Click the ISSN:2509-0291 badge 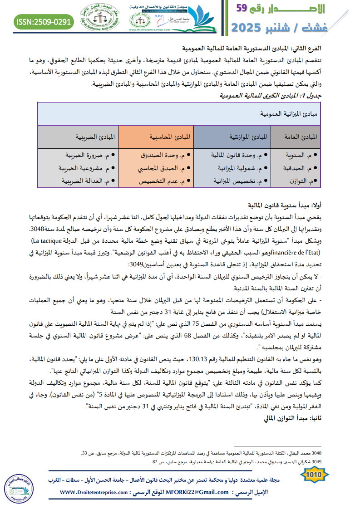pos(44,21)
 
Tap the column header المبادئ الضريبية pos(96,136)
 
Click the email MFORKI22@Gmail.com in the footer pos(198,493)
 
